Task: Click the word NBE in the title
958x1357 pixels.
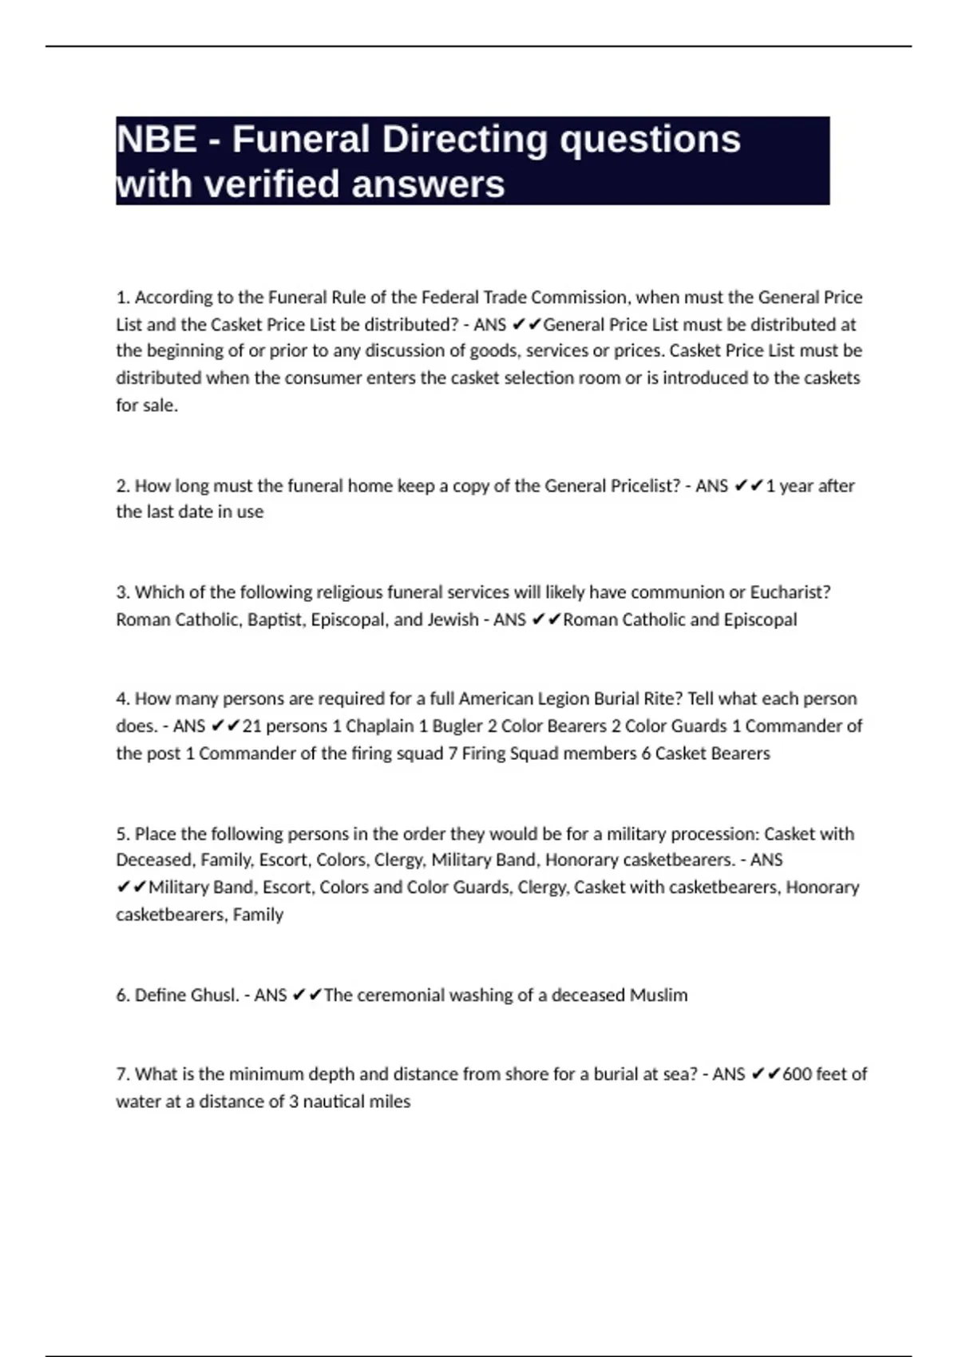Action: point(156,140)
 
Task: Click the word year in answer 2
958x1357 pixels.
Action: point(797,486)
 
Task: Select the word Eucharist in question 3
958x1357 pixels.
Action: point(790,592)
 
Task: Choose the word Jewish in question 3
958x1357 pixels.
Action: point(450,619)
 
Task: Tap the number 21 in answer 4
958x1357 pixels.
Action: point(251,726)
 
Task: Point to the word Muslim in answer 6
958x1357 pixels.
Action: point(659,995)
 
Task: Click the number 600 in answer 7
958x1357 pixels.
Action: point(796,1074)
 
